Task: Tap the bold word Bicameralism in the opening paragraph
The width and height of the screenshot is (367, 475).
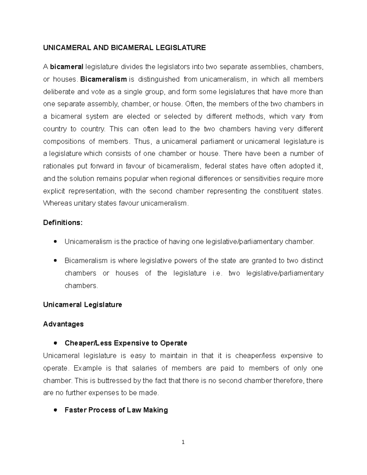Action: pos(103,79)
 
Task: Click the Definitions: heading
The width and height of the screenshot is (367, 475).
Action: pos(63,223)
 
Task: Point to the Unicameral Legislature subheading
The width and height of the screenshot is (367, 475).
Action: pos(83,305)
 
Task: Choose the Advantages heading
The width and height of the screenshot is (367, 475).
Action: pos(63,324)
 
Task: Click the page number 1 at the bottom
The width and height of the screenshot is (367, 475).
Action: pos(183,442)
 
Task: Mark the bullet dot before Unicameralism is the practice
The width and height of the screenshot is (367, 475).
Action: pos(55,242)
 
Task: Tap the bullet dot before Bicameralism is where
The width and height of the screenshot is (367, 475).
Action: pos(55,261)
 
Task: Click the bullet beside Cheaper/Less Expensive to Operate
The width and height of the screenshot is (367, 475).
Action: pos(55,343)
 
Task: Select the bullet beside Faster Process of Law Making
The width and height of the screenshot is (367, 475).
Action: pos(55,410)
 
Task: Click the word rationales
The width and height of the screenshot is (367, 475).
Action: pos(59,166)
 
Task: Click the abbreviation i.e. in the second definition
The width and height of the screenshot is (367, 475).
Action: pos(217,273)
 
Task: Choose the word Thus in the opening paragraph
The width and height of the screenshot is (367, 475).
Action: pos(142,141)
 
